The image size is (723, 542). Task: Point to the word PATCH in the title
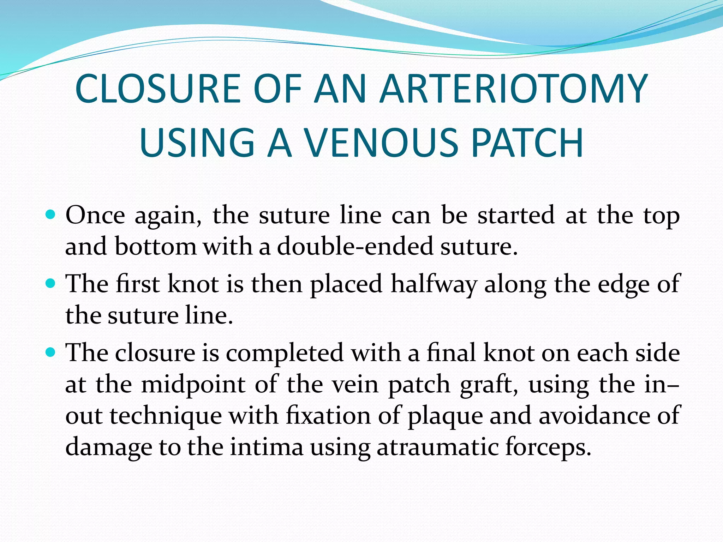(x=527, y=143)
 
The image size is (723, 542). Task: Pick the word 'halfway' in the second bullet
(x=434, y=284)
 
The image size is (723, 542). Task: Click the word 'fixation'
(x=328, y=415)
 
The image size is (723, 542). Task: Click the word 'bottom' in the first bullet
(x=155, y=246)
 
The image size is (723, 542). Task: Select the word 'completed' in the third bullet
(x=285, y=353)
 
